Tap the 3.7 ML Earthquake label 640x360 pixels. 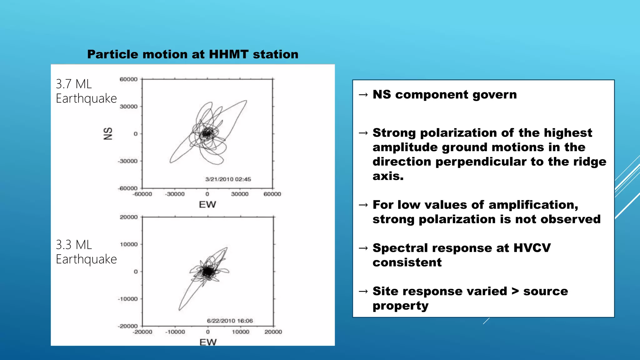point(86,91)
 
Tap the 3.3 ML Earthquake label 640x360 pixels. point(86,252)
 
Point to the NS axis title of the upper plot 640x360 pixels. point(108,133)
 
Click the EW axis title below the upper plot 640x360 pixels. point(207,205)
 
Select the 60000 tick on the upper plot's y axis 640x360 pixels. point(128,79)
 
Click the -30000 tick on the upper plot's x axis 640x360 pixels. point(175,194)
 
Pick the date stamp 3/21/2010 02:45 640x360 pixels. point(228,179)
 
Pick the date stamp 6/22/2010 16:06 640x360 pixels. point(230,321)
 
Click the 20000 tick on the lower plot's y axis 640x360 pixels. point(128,217)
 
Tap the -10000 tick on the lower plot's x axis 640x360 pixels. point(175,332)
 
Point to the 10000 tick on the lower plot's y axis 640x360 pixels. point(128,244)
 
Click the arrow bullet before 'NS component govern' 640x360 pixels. point(363,95)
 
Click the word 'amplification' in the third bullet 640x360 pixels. point(533,205)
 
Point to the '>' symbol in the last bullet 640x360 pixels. point(515,291)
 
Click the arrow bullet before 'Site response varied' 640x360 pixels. point(363,292)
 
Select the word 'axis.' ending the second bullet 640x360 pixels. point(388,176)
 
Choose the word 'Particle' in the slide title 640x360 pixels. point(112,54)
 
